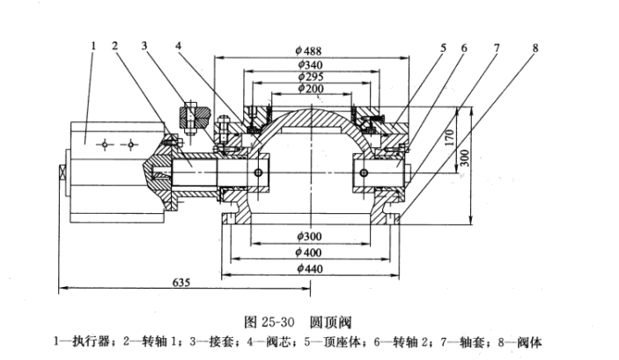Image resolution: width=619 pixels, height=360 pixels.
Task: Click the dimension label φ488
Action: (x=309, y=51)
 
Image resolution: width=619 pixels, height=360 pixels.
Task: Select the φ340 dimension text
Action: (x=310, y=65)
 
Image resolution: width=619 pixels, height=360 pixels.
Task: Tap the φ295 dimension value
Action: (x=311, y=77)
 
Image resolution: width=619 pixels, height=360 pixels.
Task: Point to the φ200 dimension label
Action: (x=311, y=88)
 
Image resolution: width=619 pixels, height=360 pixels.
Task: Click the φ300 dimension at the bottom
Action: (x=310, y=237)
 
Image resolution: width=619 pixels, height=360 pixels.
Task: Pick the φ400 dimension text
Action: (x=309, y=253)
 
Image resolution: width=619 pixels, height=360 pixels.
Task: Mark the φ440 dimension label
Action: (x=310, y=268)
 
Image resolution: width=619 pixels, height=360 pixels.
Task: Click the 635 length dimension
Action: (x=181, y=283)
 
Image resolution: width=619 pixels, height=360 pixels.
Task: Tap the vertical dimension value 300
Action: (x=465, y=158)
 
